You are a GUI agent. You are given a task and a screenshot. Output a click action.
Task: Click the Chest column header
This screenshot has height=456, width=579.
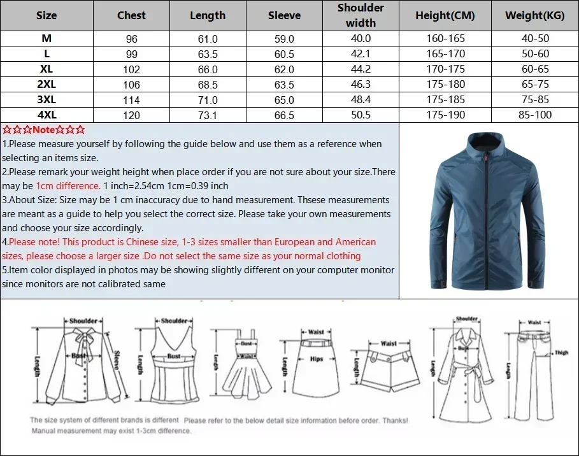tap(131, 15)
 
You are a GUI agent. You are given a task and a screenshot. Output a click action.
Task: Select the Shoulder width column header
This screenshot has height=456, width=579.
tap(361, 15)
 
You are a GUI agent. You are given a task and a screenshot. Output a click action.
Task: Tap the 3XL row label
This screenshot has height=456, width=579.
tap(46, 99)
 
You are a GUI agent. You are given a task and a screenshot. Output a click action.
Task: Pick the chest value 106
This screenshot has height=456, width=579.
tap(131, 84)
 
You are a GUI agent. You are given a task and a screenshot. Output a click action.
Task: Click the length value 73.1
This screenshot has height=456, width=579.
tap(208, 115)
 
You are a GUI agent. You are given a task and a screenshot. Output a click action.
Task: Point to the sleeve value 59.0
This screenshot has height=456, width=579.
tap(284, 38)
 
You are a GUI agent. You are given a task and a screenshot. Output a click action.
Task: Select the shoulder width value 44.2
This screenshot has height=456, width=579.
tap(361, 69)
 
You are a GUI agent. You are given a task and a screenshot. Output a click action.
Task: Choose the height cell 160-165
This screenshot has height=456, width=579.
tap(445, 38)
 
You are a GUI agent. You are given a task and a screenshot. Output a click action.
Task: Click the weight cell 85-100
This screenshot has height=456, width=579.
tap(535, 115)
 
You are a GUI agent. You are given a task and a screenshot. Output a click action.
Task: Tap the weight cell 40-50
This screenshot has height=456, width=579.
tap(535, 38)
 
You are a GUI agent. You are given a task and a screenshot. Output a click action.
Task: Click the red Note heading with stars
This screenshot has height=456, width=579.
tap(44, 130)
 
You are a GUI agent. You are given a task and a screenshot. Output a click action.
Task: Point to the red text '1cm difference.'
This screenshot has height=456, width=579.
tap(68, 186)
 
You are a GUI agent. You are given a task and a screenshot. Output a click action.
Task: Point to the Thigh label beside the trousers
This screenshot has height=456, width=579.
tap(561, 352)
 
